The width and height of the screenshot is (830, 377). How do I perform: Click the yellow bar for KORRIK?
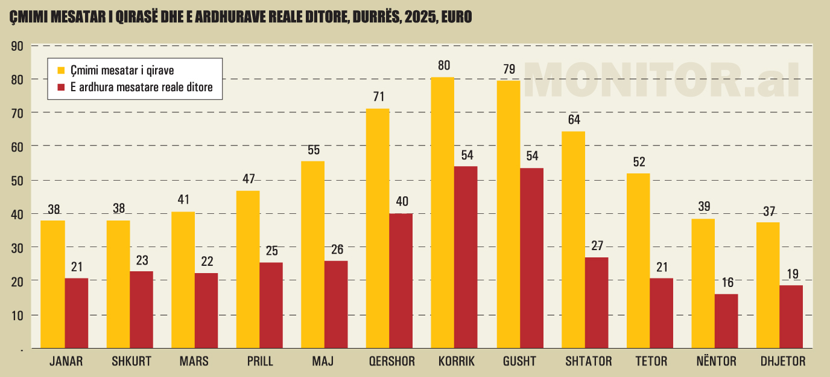443,212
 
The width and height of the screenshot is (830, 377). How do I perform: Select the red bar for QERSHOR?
401,280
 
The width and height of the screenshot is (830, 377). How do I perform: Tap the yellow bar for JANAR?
53,284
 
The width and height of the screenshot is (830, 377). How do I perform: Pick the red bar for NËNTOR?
726,321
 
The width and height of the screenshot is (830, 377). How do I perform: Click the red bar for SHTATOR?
597,302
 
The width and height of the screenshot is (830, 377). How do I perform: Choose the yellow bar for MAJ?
312,254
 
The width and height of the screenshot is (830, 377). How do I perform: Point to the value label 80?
444,65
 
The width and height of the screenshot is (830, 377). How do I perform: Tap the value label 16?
726,283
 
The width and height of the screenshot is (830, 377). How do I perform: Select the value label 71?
378,97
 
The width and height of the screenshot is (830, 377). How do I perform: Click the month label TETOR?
651,362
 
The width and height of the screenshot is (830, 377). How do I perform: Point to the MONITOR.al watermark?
661,80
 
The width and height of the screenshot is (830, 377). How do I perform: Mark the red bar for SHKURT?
141,309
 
